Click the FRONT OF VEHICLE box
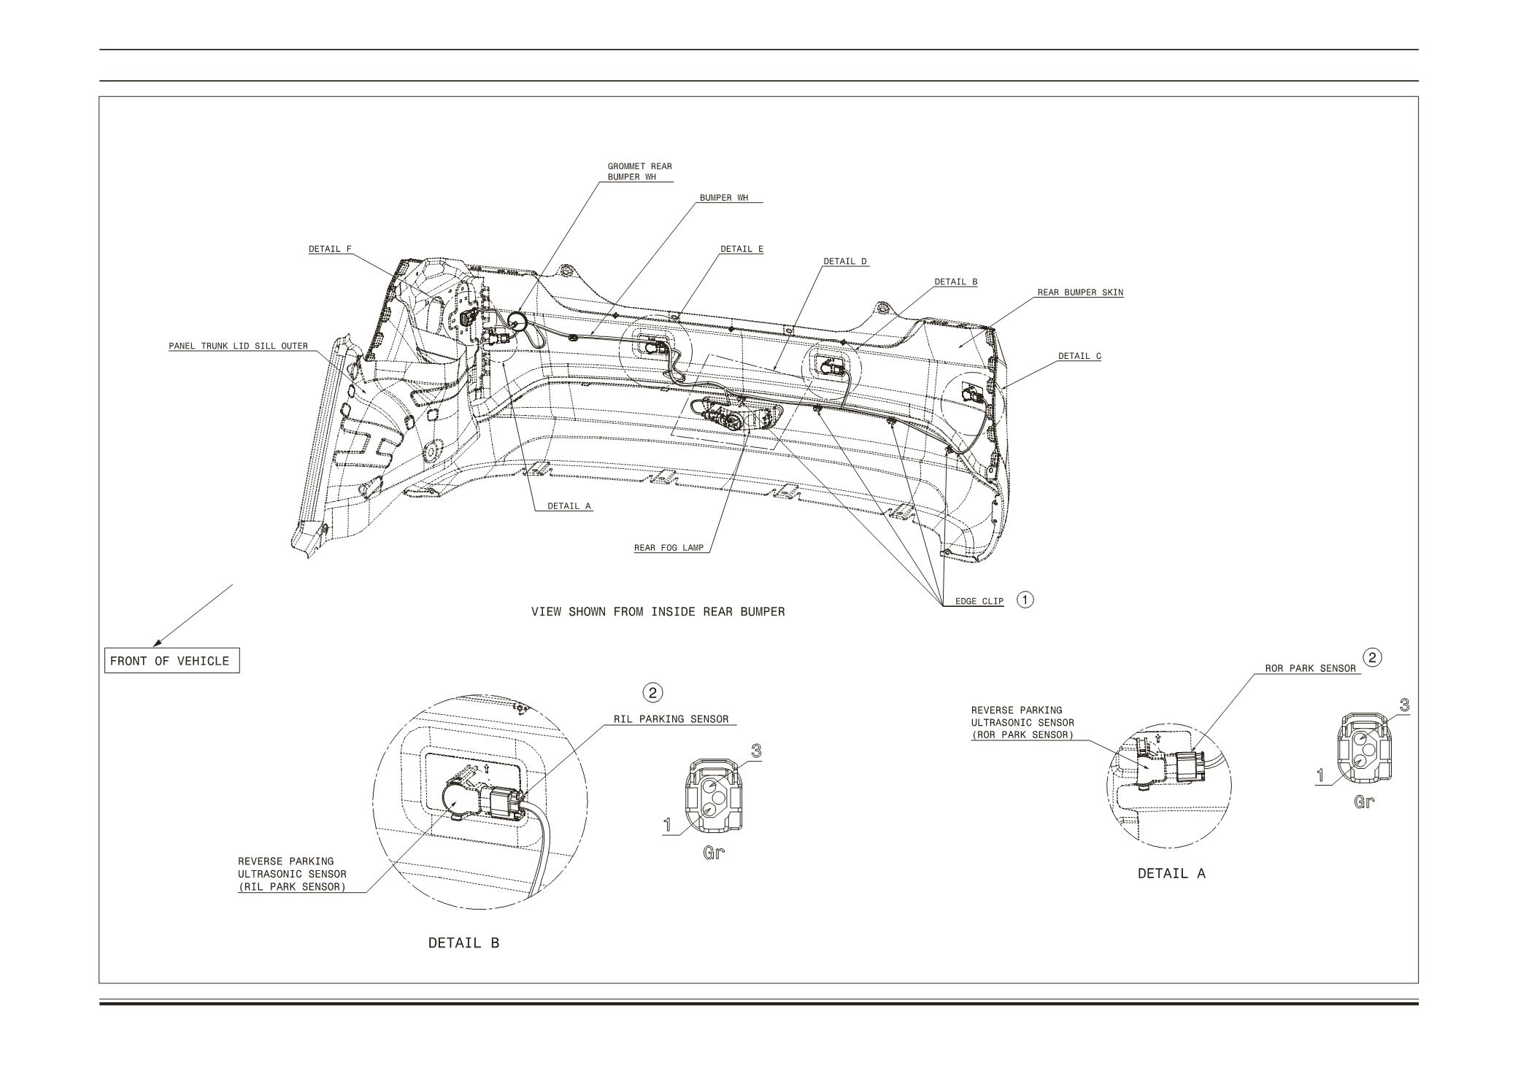(x=170, y=661)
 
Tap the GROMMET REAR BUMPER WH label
(x=639, y=171)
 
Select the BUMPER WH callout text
(x=723, y=198)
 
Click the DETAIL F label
(x=330, y=249)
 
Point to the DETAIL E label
(x=741, y=249)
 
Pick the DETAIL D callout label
(x=845, y=261)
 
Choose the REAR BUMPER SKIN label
(x=1080, y=293)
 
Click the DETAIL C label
(x=1079, y=356)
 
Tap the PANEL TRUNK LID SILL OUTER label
(x=238, y=346)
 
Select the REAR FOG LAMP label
(x=669, y=548)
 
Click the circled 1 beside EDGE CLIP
(x=1025, y=600)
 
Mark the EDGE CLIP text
(x=979, y=602)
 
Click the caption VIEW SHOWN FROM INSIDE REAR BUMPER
(x=658, y=611)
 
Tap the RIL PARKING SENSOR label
(x=671, y=719)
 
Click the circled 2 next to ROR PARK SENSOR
(x=1373, y=658)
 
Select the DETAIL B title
(x=463, y=942)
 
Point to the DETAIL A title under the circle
(x=1171, y=873)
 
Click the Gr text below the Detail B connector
(x=713, y=853)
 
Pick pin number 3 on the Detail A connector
(x=1403, y=705)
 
